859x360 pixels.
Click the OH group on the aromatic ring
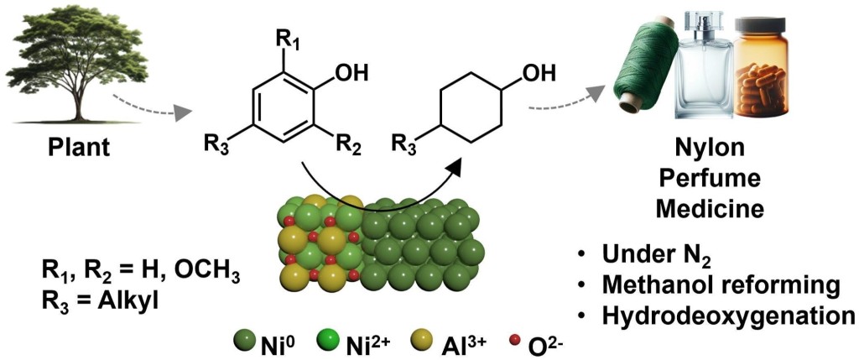click(350, 73)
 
